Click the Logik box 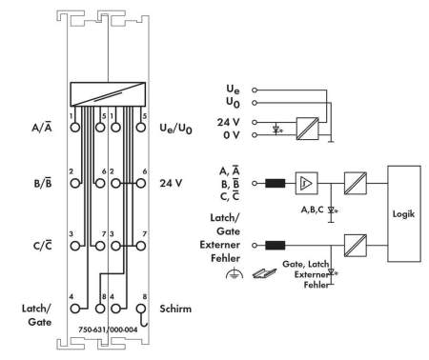[x=404, y=213]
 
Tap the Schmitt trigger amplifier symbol [x=306, y=183]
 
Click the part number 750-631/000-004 [x=108, y=330]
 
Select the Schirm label [x=175, y=309]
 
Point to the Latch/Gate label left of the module [x=36, y=315]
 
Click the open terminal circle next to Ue [x=255, y=90]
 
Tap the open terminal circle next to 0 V [x=255, y=135]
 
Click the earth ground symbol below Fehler [x=235, y=274]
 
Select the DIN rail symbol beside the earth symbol [x=264, y=273]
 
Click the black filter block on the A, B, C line [x=276, y=183]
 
